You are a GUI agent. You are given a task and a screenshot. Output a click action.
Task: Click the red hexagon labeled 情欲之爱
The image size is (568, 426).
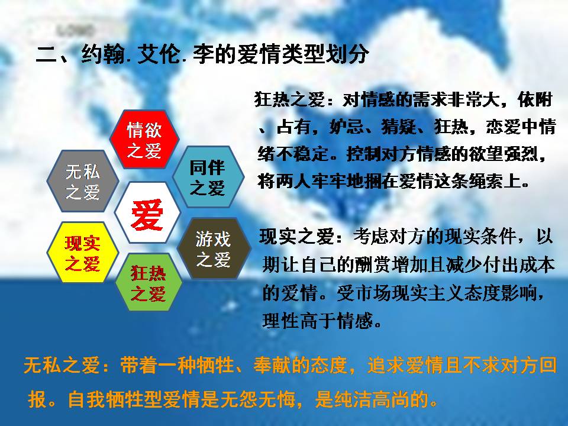point(144,140)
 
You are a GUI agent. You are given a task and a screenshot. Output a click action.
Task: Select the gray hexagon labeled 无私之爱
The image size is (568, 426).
point(83,181)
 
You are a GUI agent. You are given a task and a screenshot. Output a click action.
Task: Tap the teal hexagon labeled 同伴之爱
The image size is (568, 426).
point(208,177)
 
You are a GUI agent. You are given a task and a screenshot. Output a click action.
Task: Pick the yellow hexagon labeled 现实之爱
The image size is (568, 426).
point(83,253)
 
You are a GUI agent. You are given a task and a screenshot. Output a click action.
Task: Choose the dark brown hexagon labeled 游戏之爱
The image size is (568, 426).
point(214,248)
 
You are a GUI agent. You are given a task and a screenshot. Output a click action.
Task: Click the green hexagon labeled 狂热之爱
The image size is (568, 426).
point(149,282)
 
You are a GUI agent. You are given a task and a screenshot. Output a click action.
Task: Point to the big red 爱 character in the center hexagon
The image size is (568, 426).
point(147,214)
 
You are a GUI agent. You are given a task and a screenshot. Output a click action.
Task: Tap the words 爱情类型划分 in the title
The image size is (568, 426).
point(303,54)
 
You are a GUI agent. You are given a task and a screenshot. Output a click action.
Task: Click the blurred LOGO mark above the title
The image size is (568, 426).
point(75,30)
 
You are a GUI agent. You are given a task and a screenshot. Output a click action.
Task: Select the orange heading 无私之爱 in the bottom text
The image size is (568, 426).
point(61,365)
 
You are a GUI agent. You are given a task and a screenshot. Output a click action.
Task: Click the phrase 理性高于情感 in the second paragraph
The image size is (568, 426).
point(318,321)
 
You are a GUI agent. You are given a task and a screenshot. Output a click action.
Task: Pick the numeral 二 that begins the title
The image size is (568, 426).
point(46,55)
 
